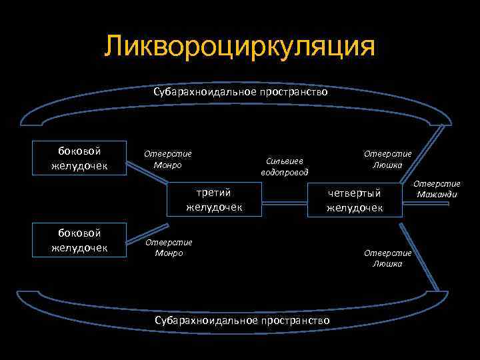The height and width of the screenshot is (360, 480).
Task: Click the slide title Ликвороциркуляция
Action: (240, 47)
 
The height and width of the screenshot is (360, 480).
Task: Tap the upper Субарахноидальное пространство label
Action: (241, 92)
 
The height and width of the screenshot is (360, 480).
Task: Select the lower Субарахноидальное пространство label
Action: (242, 321)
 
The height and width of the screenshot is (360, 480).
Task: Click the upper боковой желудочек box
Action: (80, 157)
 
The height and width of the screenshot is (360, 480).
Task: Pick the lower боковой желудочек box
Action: (80, 240)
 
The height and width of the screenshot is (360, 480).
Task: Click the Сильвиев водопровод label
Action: (285, 166)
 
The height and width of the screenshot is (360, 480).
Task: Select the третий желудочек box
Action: (214, 199)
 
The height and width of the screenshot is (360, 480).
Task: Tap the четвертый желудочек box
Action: (355, 199)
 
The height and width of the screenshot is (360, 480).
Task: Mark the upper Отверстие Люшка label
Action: (387, 159)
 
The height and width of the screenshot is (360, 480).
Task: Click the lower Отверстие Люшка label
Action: (387, 258)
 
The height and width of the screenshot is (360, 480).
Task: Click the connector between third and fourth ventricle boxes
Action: (284, 199)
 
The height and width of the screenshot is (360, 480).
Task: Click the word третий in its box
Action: (214, 193)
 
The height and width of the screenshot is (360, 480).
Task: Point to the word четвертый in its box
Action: (355, 193)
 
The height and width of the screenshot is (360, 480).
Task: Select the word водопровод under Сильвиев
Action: (285, 172)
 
